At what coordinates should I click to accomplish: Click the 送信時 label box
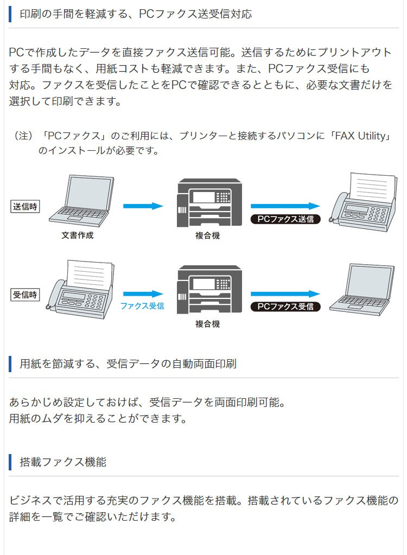click(26, 206)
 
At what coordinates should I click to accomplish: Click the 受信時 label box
click(26, 295)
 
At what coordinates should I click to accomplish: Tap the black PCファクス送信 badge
click(285, 219)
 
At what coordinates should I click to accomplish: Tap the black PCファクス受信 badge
click(285, 307)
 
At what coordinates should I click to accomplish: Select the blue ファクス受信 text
click(142, 306)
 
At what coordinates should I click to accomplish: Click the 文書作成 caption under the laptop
click(78, 235)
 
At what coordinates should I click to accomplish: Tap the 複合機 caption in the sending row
click(207, 236)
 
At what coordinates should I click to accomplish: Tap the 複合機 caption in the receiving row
click(207, 324)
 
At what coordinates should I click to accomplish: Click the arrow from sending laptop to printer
click(143, 206)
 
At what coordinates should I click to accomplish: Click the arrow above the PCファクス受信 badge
click(285, 294)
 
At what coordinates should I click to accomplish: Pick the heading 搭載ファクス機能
click(63, 462)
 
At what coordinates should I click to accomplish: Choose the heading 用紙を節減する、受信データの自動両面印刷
click(128, 363)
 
